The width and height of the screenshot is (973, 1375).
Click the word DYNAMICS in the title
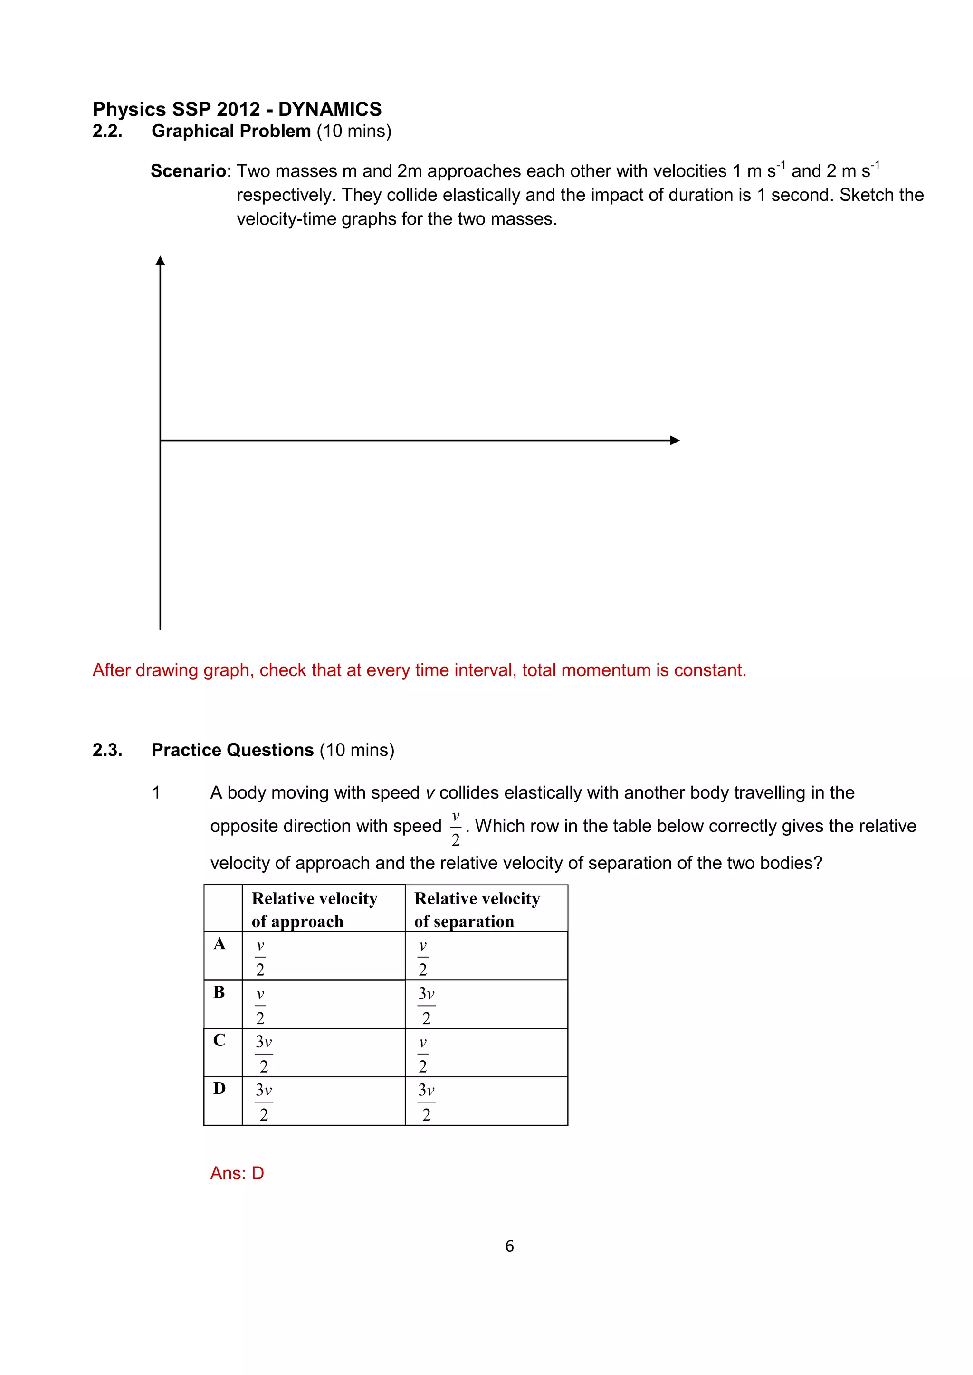[x=330, y=109]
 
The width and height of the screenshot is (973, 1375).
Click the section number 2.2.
[x=107, y=131]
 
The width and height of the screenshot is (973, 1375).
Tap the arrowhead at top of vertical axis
[x=160, y=261]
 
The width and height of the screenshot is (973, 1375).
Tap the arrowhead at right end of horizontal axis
[x=675, y=440]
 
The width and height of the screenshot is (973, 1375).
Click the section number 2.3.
[x=107, y=750]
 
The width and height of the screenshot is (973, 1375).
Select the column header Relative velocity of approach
[x=315, y=909]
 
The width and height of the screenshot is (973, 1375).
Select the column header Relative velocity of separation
[x=477, y=909]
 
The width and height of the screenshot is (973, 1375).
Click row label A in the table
[x=219, y=944]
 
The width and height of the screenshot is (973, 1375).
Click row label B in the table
[x=219, y=992]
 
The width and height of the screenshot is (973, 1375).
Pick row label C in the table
[x=219, y=1040]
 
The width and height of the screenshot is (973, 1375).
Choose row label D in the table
[x=219, y=1088]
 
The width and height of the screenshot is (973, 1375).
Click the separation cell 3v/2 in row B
[x=427, y=1005]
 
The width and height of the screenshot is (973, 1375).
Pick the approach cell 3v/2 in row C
[x=264, y=1054]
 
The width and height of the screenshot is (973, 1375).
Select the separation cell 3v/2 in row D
[x=427, y=1102]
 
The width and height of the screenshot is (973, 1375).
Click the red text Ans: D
[x=237, y=1173]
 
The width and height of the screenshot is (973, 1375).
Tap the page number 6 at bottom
[x=509, y=1246]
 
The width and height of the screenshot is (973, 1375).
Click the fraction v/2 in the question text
[x=455, y=828]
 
